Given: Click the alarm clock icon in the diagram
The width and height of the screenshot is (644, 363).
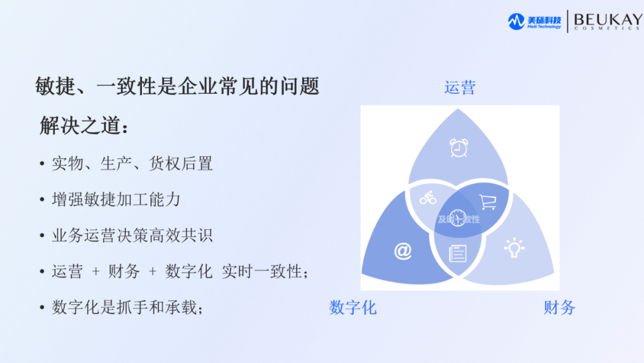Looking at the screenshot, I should pyautogui.click(x=459, y=147).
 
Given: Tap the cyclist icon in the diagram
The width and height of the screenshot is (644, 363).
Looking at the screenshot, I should pyautogui.click(x=428, y=198).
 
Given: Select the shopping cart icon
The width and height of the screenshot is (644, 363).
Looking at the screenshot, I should pyautogui.click(x=488, y=202).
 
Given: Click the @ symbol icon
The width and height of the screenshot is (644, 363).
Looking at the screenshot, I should pyautogui.click(x=402, y=251).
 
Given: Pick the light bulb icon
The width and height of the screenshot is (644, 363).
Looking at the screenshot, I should pyautogui.click(x=513, y=248).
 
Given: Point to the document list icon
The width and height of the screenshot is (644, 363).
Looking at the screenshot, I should pyautogui.click(x=458, y=254).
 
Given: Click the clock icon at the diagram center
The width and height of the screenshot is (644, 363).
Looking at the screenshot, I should pyautogui.click(x=457, y=218).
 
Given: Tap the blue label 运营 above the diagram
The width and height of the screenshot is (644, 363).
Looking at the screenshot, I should pyautogui.click(x=460, y=88).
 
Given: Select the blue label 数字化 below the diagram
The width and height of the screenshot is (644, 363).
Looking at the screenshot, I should pyautogui.click(x=353, y=307).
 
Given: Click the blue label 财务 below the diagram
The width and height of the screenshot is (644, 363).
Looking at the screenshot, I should pyautogui.click(x=559, y=307).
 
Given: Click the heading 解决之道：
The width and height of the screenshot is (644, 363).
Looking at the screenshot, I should pyautogui.click(x=84, y=126).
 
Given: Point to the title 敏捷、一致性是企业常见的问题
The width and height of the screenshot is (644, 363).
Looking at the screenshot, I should pyautogui.click(x=178, y=87).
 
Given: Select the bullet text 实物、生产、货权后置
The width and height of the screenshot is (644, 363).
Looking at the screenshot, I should pyautogui.click(x=132, y=163).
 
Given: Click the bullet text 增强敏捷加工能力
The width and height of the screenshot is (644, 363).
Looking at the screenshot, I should pyautogui.click(x=116, y=199).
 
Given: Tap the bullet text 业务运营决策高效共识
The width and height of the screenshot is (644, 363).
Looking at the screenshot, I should pyautogui.click(x=132, y=235).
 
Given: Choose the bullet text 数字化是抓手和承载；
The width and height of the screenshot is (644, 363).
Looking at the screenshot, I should pyautogui.click(x=128, y=308).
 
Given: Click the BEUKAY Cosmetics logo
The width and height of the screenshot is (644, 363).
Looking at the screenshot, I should pyautogui.click(x=607, y=21).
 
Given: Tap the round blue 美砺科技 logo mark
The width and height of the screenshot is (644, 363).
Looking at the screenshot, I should pyautogui.click(x=516, y=21).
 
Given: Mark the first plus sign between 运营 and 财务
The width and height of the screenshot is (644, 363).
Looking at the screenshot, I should pyautogui.click(x=96, y=272).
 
